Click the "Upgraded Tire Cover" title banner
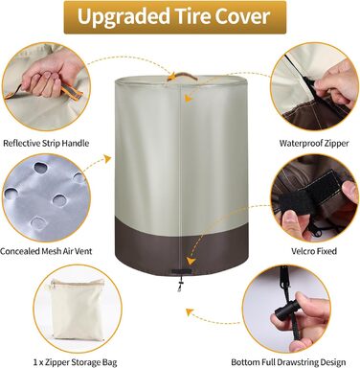(175, 17)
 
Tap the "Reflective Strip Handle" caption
(46, 143)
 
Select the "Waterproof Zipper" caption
(314, 143)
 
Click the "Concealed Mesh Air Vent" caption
(46, 251)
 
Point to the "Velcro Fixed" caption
(314, 251)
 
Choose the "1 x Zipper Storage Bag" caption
(75, 362)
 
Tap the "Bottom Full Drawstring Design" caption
(288, 362)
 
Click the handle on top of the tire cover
(181, 75)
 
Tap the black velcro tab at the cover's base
(182, 272)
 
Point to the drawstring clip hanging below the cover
(180, 285)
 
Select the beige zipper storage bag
(78, 309)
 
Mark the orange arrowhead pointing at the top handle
(172, 77)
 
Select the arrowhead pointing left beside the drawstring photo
(191, 310)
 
